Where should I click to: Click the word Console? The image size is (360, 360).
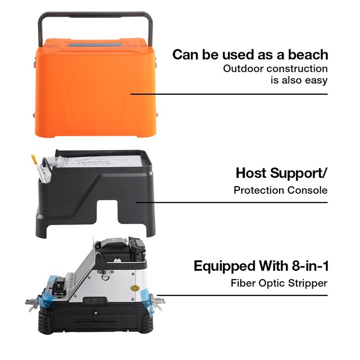(x=307, y=190)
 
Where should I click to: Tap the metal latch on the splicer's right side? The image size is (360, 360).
(x=159, y=300)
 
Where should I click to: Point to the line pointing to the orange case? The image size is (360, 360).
(x=229, y=94)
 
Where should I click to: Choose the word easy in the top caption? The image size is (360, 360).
(x=317, y=80)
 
